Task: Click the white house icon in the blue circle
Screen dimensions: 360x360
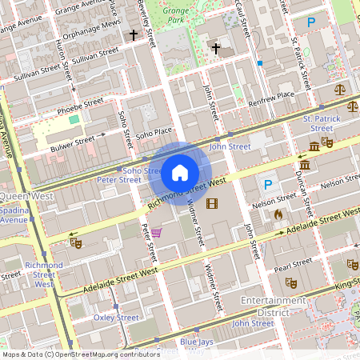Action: [x=180, y=172]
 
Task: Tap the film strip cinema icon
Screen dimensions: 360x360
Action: [x=211, y=204]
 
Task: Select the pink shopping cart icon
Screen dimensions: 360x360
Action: [x=156, y=233]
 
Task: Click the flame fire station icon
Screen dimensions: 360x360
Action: [x=278, y=214]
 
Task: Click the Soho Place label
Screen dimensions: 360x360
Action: [x=154, y=133]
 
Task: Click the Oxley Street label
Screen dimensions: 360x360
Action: [x=116, y=318]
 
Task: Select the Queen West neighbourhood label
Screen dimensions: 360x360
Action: [x=27, y=195]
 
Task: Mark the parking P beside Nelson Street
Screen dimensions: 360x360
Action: [x=269, y=185]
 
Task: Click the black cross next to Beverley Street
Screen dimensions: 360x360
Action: [x=134, y=35]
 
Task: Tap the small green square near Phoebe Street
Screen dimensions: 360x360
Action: [x=74, y=119]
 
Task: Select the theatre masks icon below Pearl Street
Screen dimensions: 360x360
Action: [x=291, y=282]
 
